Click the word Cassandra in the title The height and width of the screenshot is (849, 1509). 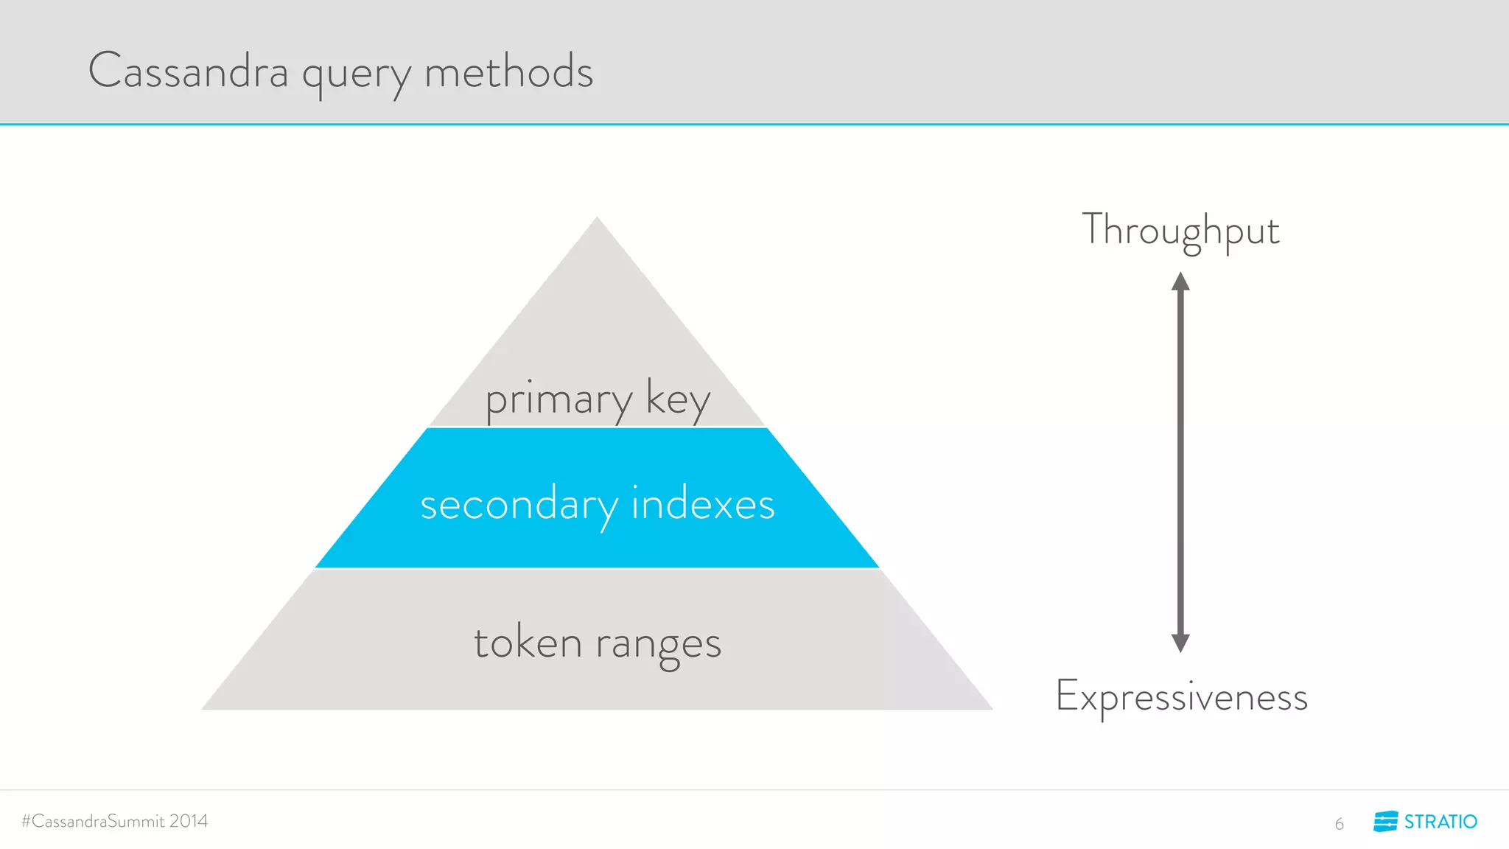(x=189, y=71)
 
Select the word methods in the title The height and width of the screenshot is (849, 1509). (x=508, y=71)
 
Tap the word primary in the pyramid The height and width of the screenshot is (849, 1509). (x=559, y=400)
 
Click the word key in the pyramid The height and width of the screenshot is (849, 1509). (x=678, y=400)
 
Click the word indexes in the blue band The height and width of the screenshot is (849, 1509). (x=703, y=504)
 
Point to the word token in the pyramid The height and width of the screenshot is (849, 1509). (x=528, y=642)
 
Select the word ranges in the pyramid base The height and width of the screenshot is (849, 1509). (x=658, y=645)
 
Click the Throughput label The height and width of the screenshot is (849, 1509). (x=1180, y=231)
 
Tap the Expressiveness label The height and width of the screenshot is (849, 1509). (x=1181, y=697)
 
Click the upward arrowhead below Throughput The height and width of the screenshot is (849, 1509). (x=1180, y=282)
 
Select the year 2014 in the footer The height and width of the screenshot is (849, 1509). (x=189, y=821)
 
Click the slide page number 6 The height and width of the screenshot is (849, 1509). (x=1339, y=824)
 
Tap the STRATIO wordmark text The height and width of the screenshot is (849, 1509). (x=1440, y=822)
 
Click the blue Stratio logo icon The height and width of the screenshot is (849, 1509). (x=1385, y=821)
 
